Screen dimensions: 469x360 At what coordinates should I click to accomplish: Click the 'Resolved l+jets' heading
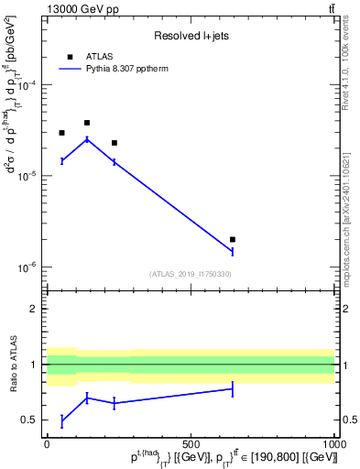coord(191,37)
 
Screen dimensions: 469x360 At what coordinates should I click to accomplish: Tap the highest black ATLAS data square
coord(87,123)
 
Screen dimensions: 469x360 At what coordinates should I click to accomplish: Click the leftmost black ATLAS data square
coord(61,133)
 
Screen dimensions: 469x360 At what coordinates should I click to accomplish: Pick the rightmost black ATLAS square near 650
coord(233,239)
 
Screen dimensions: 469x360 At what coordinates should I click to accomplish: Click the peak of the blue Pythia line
coord(87,139)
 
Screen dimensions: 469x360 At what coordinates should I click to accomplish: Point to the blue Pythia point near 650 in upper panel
coord(233,251)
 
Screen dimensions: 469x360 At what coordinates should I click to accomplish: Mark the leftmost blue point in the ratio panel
coord(61,421)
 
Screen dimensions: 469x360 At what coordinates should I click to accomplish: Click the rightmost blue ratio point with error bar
coord(233,389)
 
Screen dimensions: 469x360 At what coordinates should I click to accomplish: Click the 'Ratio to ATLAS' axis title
coord(12,365)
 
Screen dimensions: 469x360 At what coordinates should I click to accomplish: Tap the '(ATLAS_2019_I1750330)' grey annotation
coord(191,274)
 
